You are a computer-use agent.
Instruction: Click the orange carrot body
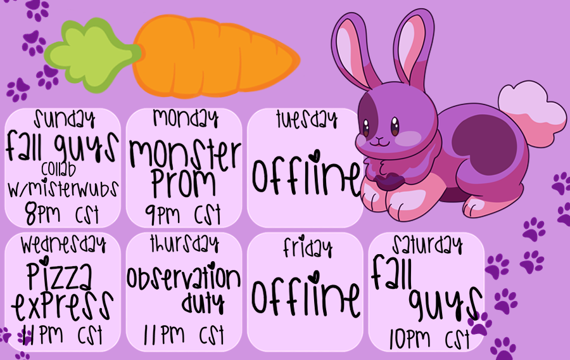click(x=215, y=56)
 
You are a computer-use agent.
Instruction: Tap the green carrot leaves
click(x=92, y=55)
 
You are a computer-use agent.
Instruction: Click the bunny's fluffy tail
click(x=531, y=113)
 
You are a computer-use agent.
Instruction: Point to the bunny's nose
click(x=379, y=139)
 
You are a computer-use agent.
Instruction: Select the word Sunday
click(x=65, y=119)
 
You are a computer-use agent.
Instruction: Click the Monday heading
click(x=186, y=118)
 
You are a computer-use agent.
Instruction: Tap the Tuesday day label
click(x=307, y=119)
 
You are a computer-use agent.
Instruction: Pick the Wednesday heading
click(x=63, y=244)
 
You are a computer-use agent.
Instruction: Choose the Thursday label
click(x=185, y=243)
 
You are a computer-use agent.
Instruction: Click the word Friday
click(x=308, y=247)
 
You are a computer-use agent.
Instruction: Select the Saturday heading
click(x=427, y=245)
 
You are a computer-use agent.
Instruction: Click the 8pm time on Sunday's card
click(x=42, y=214)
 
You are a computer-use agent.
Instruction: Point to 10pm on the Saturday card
click(x=410, y=338)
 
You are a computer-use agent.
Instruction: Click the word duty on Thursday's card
click(x=203, y=302)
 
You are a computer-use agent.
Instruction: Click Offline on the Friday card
click(x=306, y=295)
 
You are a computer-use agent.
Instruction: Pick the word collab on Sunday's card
click(x=58, y=169)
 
